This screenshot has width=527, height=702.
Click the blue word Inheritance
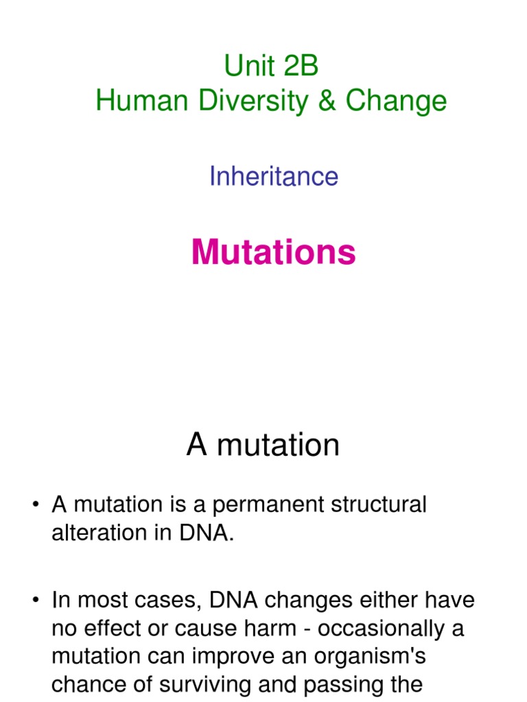(273, 176)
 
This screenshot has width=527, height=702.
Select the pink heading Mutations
(273, 252)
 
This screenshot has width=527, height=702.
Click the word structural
(372, 505)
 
